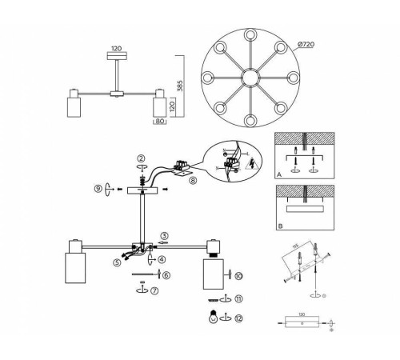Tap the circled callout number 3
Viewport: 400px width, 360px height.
[162, 235]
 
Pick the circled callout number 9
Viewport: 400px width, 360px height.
[98, 189]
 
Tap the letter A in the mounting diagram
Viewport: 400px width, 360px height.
[278, 171]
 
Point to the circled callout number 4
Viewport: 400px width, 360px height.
[162, 258]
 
